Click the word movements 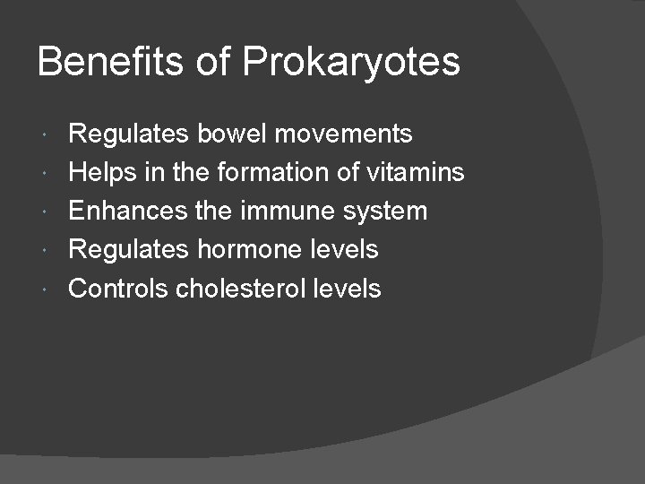tap(344, 134)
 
